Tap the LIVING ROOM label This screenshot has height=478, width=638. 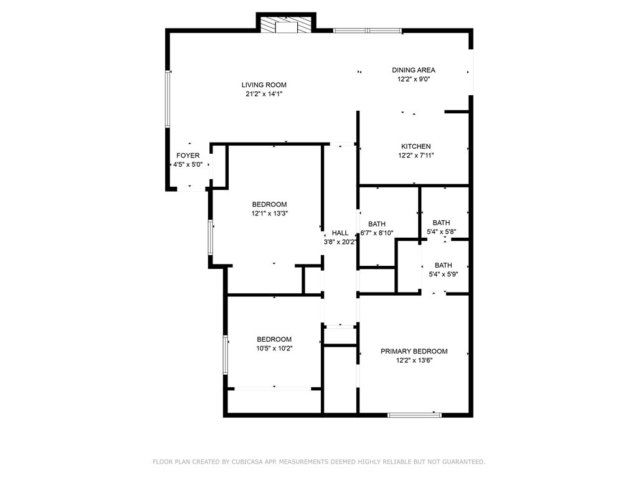click(264, 85)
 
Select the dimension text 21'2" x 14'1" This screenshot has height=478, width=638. click(264, 94)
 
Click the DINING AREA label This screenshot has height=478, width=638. click(413, 70)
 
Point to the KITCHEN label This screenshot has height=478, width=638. click(416, 146)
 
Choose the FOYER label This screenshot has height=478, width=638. click(188, 156)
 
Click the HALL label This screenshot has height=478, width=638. click(340, 233)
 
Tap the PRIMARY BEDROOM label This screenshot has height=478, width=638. click(414, 351)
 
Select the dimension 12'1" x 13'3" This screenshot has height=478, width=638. click(269, 213)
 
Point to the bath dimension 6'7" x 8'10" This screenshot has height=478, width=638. click(377, 233)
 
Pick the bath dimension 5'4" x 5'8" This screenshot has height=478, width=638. click(441, 232)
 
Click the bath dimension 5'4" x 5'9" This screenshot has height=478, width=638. click(443, 274)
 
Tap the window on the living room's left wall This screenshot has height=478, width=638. click(167, 98)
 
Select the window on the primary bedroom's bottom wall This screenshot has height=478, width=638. click(414, 414)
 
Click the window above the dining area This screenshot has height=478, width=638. click(367, 30)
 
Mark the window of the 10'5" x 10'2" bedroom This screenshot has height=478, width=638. click(226, 355)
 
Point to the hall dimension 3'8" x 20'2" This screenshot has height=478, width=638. click(340, 242)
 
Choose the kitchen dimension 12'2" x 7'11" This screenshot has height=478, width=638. click(416, 156)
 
